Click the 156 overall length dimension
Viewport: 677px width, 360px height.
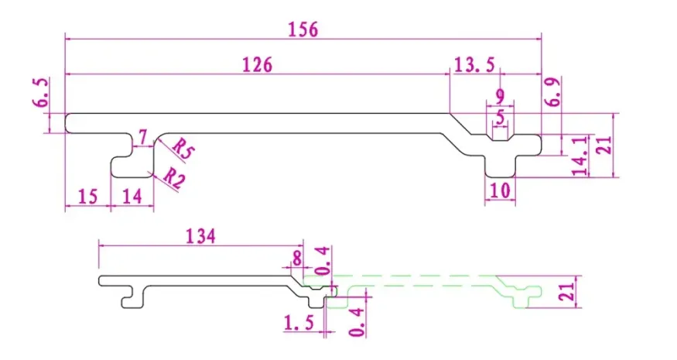point(303,29)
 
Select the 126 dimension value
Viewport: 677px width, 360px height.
point(257,65)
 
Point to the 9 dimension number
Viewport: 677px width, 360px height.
point(501,98)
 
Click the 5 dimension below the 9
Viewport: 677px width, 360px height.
point(501,117)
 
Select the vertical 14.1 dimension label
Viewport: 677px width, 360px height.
point(580,155)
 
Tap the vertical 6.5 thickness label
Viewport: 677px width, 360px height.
point(43,93)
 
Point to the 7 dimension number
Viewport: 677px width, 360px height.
point(141,137)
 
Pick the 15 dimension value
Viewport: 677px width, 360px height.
point(88,197)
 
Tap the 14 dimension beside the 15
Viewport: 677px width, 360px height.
point(132,197)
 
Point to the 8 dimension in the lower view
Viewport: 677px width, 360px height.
point(297,257)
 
